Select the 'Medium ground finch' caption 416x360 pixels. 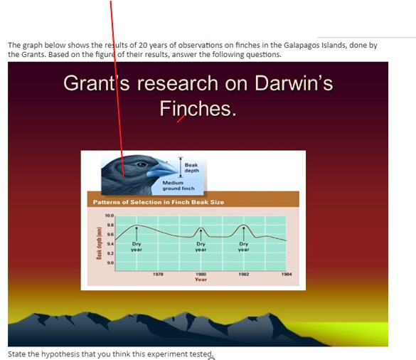point(178,186)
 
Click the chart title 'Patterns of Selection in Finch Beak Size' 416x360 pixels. point(159,202)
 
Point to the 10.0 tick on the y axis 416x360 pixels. point(109,215)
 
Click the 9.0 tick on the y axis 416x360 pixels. point(109,263)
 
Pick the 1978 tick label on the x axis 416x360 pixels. point(159,274)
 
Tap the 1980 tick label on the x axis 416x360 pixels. point(201,274)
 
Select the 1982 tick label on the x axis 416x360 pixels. point(244,274)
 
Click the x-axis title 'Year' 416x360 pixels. point(201,280)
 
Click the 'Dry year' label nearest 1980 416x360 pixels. point(201,247)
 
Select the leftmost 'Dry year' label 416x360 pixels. point(137,247)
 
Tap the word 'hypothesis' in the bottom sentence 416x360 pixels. point(57,354)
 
